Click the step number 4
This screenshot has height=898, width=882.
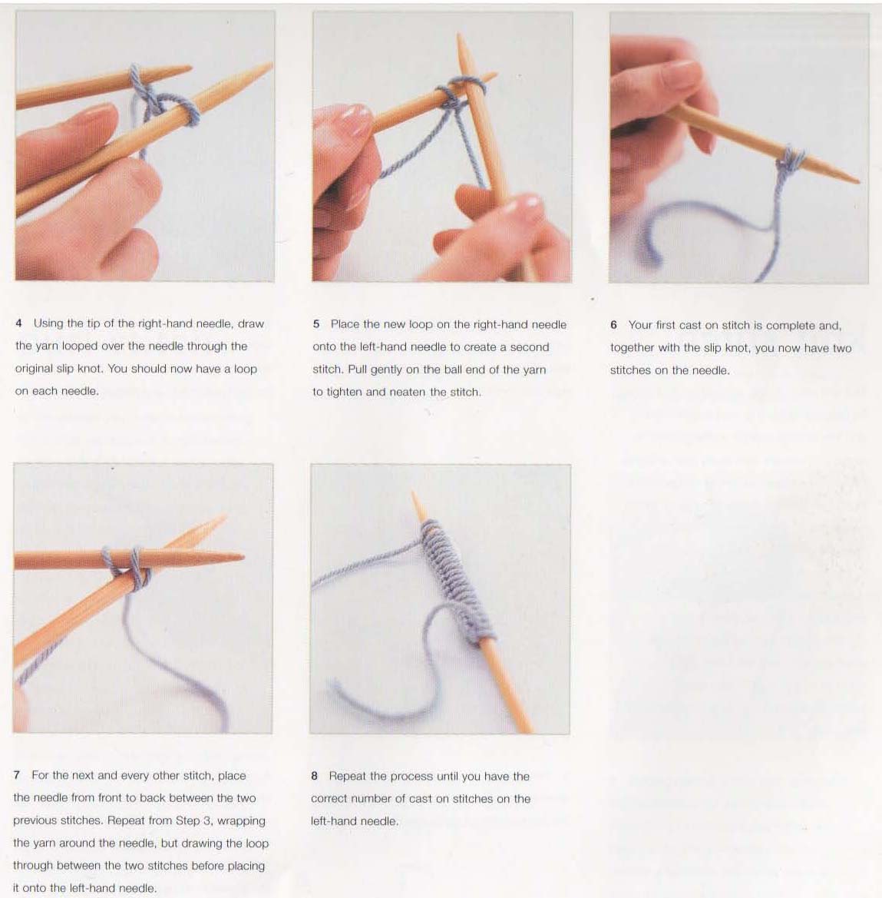coord(19,323)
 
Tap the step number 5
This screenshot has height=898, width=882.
coord(316,324)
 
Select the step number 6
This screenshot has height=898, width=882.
coord(613,325)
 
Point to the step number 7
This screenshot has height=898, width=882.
coord(17,775)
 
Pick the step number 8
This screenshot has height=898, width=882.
coord(314,776)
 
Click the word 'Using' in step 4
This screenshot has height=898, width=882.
coord(48,323)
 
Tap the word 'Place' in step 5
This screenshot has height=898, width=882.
coord(345,324)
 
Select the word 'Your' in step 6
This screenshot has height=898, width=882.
coord(640,325)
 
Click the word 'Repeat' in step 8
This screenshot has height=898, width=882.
coord(348,777)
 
